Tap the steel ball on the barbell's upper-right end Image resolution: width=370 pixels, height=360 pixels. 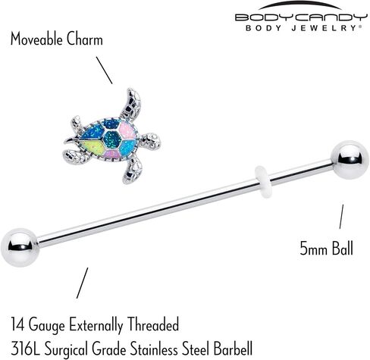click(350, 160)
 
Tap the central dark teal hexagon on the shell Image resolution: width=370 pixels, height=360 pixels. click(112, 139)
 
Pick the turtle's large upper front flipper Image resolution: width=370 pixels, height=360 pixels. click(131, 103)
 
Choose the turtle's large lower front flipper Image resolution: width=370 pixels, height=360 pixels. click(133, 169)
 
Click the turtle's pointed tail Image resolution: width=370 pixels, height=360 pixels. click(71, 140)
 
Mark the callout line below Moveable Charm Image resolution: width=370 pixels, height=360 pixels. click(104, 70)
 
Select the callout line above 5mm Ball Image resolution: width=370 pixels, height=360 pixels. click(341, 217)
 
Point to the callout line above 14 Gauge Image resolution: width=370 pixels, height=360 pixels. click(83, 283)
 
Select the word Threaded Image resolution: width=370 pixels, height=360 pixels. click(153, 324)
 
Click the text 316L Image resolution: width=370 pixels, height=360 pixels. click(26, 349)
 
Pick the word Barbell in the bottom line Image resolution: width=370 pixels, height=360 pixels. click(233, 349)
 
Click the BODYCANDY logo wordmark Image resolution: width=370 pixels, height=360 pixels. click(301, 17)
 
